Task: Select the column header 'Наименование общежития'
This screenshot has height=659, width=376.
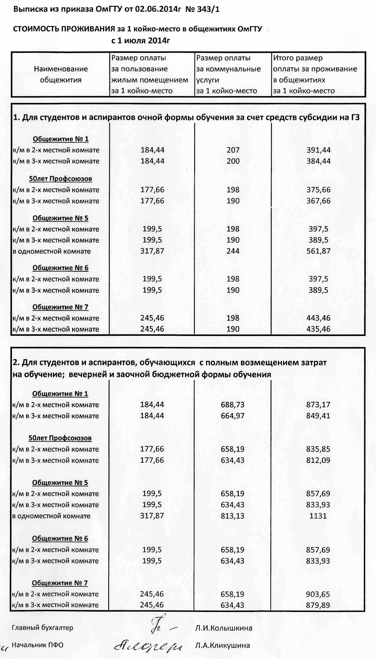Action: [61, 75]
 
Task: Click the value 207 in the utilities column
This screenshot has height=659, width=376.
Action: [233, 150]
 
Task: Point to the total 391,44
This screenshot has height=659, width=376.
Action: [318, 150]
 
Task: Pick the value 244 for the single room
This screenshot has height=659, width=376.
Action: [233, 251]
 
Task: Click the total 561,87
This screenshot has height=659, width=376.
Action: [318, 251]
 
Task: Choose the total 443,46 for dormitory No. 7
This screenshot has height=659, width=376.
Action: [318, 318]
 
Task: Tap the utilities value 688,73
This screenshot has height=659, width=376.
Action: [232, 404]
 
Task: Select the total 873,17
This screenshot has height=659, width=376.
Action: [318, 404]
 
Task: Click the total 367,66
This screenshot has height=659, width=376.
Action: [318, 201]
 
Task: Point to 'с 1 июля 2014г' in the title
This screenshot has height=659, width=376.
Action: [141, 41]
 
